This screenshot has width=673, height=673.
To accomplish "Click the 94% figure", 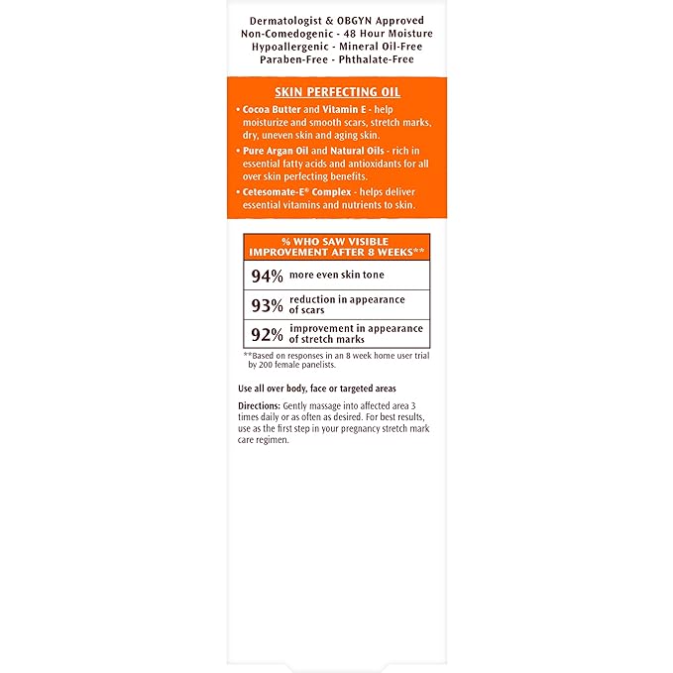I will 266,275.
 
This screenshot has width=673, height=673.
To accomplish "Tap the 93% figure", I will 266,304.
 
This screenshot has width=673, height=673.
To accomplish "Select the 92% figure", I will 266,333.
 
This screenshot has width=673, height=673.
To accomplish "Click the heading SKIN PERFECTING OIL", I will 337,92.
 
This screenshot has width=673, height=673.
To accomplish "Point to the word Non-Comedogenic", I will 287,34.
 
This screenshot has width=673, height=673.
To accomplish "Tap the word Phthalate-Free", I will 378,59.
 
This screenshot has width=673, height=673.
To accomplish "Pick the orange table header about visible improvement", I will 337,246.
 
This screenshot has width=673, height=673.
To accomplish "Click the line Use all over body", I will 317,389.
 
